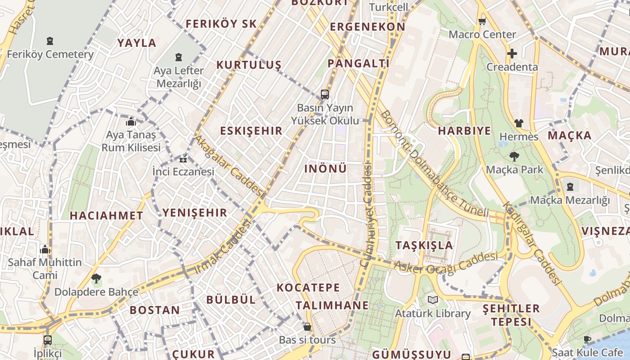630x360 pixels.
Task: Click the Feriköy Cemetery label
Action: [50, 54]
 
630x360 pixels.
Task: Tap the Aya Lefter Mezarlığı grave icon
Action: [179, 57]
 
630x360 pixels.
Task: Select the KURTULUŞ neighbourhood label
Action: [248, 65]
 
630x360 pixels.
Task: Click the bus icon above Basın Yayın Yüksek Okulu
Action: [325, 94]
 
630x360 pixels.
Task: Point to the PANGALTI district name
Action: [358, 63]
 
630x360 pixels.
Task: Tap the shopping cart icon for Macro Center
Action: [482, 21]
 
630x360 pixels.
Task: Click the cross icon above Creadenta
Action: [512, 54]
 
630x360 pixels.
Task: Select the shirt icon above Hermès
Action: [518, 123]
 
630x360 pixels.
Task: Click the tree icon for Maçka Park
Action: [514, 157]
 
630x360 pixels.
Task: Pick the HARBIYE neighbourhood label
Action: [464, 131]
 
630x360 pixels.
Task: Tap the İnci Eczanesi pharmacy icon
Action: [183, 159]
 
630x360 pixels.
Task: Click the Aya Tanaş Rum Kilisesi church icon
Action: [131, 121]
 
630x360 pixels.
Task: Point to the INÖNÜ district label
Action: [326, 169]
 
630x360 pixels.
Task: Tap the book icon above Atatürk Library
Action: [433, 300]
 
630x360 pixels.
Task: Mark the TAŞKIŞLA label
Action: [424, 245]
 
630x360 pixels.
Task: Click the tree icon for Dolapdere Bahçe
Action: [96, 279]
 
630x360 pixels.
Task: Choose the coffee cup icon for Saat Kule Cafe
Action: [587, 339]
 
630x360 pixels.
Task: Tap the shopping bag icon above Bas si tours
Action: [307, 327]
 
